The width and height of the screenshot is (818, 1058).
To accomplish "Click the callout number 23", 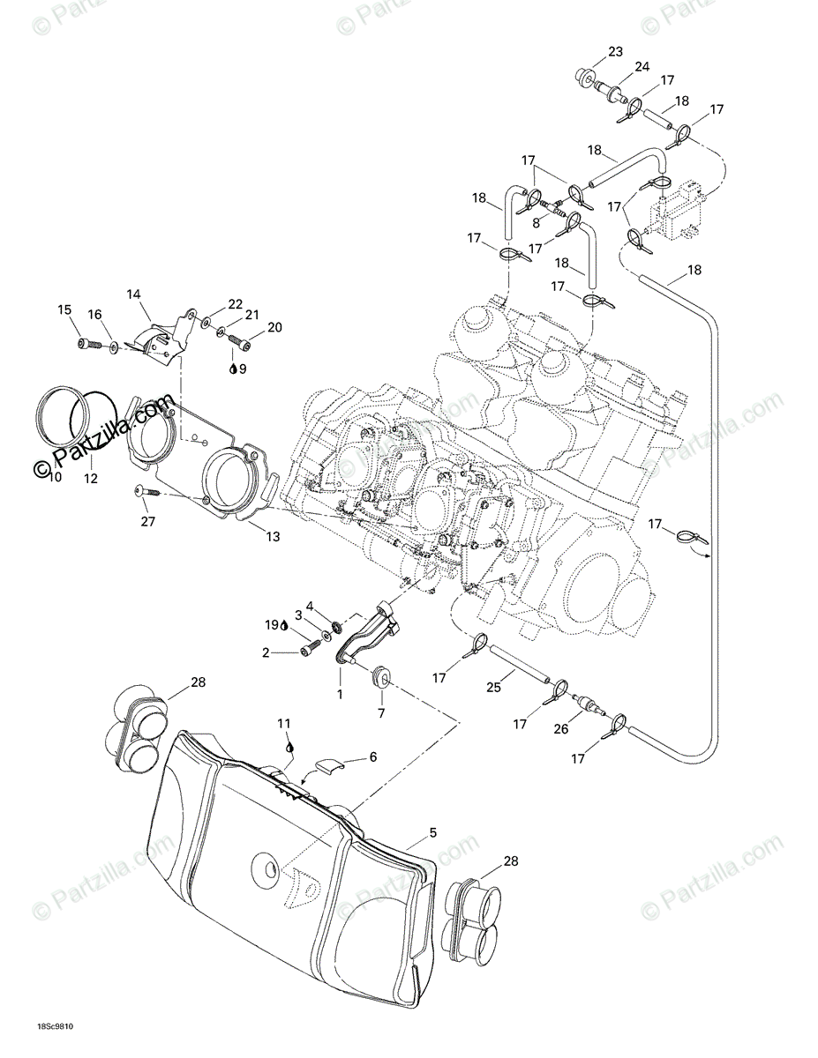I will (615, 50).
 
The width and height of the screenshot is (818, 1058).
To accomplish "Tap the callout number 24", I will (642, 66).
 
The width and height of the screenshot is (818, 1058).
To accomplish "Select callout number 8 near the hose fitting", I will (536, 223).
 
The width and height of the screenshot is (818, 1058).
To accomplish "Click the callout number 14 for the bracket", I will (133, 294).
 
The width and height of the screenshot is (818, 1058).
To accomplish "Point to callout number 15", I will (64, 309).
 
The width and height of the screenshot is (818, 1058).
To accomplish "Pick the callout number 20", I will (274, 327).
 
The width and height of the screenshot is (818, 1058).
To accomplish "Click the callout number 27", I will (147, 521).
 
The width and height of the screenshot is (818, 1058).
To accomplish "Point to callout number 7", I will (382, 712).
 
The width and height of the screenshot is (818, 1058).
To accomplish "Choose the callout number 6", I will (372, 757).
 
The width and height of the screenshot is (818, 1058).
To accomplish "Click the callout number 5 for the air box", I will (432, 831).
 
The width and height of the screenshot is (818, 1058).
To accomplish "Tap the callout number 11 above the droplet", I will (283, 724).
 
